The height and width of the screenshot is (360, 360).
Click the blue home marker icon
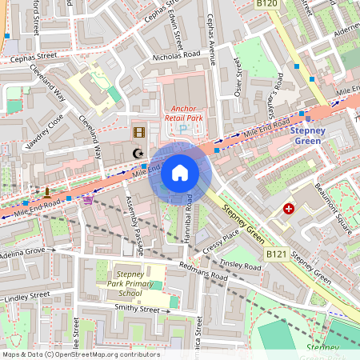[x=180, y=173]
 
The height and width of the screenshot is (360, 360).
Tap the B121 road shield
[x=276, y=254]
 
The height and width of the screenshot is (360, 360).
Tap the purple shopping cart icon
[x=86, y=200]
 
